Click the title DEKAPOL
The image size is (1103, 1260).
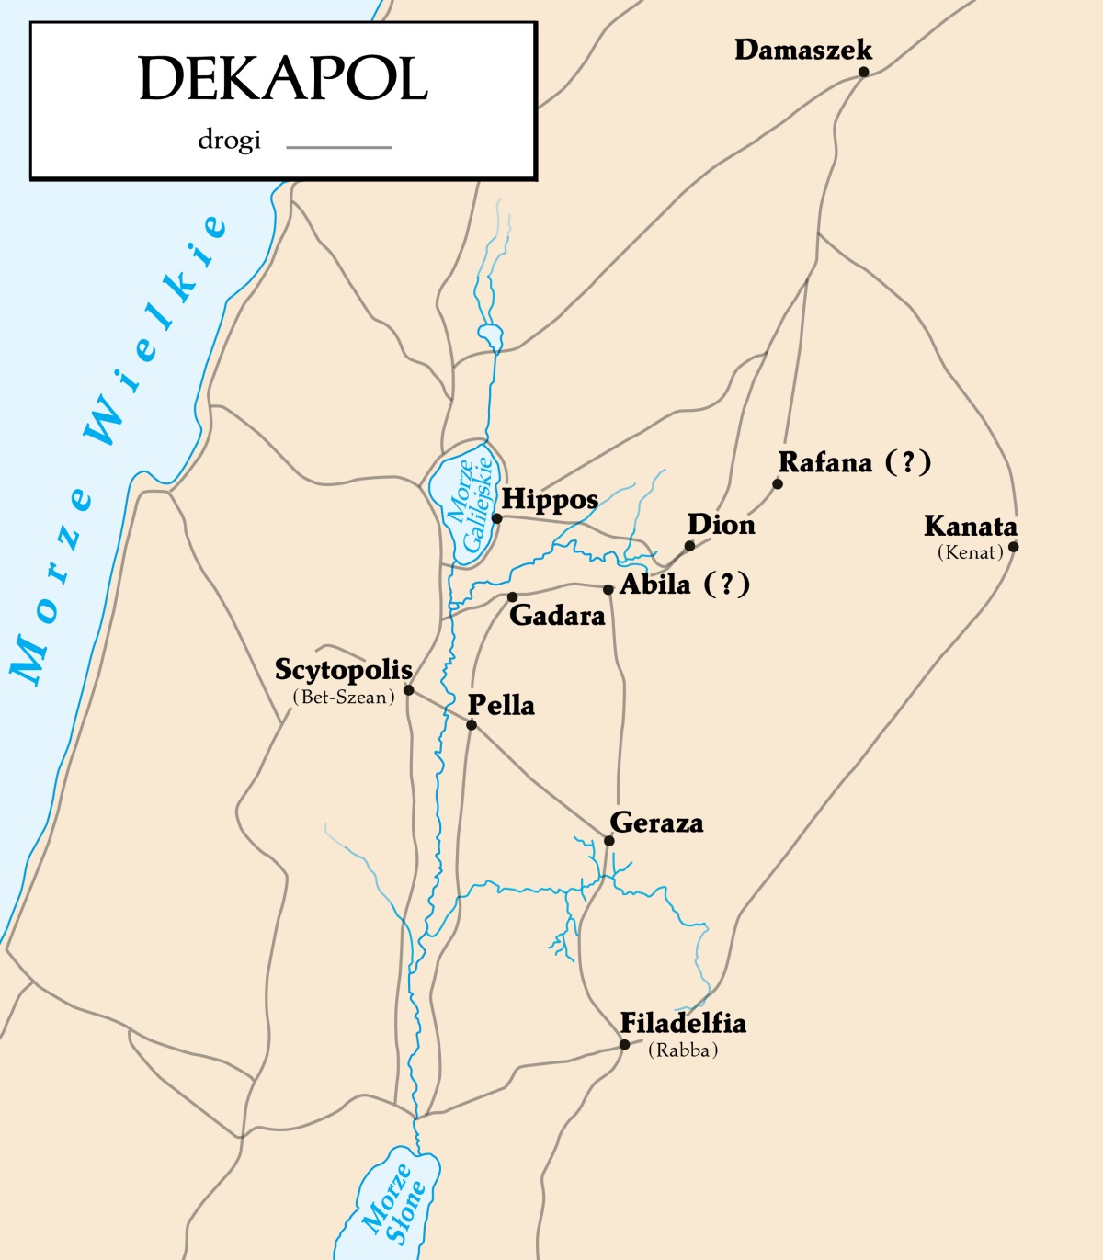(283, 79)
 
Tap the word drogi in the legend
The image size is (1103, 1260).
(229, 141)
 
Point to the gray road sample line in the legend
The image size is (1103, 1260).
(338, 147)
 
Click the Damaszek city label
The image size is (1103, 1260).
(802, 50)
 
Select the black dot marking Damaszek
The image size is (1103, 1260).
(864, 72)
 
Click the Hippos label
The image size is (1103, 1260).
(549, 500)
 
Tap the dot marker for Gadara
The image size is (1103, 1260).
(512, 597)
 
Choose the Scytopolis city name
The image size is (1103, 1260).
(343, 670)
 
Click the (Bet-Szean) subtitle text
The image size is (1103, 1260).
(344, 698)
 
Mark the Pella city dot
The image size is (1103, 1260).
(472, 725)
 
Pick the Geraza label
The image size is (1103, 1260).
(656, 823)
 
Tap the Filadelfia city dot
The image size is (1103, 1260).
(624, 1045)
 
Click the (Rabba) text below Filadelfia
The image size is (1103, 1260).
(682, 1050)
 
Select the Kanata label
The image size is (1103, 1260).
(970, 527)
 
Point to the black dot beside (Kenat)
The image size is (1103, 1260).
(1013, 547)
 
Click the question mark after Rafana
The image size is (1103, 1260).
(908, 461)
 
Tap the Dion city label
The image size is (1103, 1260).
(721, 525)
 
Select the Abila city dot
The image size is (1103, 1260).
(608, 589)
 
